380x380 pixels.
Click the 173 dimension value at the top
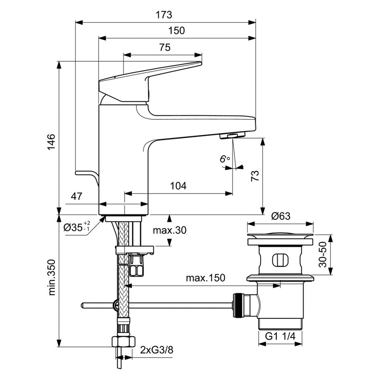[x=164, y=15]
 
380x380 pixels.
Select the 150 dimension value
[x=177, y=31]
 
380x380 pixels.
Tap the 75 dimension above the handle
[x=165, y=47]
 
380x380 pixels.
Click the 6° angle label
[x=225, y=159]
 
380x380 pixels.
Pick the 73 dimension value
[x=256, y=176]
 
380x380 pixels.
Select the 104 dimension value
[x=178, y=186]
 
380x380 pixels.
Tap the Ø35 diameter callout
[x=77, y=227]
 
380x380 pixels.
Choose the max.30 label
[x=169, y=231]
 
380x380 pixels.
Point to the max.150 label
[x=206, y=278]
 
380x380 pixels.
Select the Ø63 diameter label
[x=281, y=216]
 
